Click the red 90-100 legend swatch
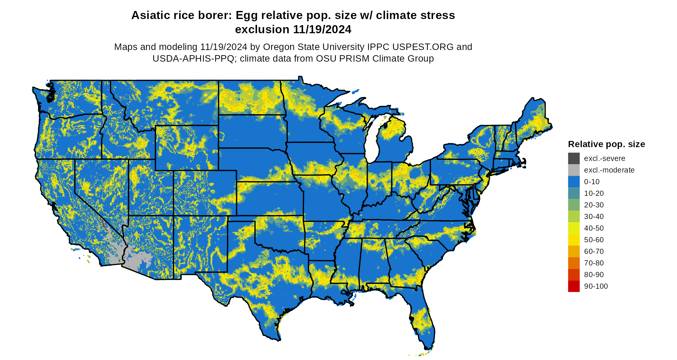[574, 286]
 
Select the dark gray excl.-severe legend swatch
[574, 158]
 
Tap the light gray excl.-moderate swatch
[574, 170]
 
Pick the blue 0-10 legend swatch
[574, 182]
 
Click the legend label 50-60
[594, 240]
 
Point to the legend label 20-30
[594, 205]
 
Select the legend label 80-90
[594, 275]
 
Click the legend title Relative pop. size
[606, 144]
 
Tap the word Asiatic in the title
[149, 15]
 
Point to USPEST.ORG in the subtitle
[423, 47]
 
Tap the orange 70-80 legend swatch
[574, 263]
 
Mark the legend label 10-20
[594, 193]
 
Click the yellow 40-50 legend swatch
[574, 228]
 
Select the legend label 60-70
[594, 251]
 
